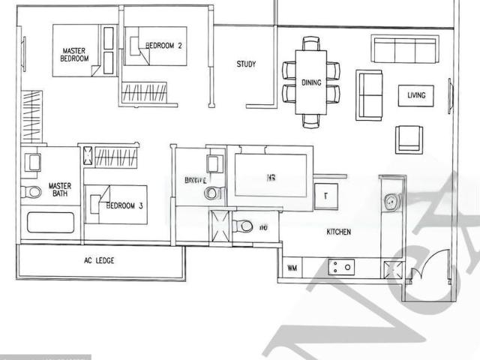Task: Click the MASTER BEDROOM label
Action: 75,54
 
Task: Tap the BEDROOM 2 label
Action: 164,46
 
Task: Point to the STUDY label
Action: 246,64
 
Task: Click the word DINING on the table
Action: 311,82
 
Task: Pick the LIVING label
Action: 416,95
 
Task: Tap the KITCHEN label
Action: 338,232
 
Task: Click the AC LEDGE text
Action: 99,261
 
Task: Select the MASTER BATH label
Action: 59,190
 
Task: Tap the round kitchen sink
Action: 391,201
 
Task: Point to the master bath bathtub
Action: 51,223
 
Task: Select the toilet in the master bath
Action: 31,192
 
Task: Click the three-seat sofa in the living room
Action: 405,49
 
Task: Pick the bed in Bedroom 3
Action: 115,205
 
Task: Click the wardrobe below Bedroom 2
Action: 148,93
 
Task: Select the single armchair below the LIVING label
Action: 409,139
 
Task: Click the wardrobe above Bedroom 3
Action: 117,157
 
